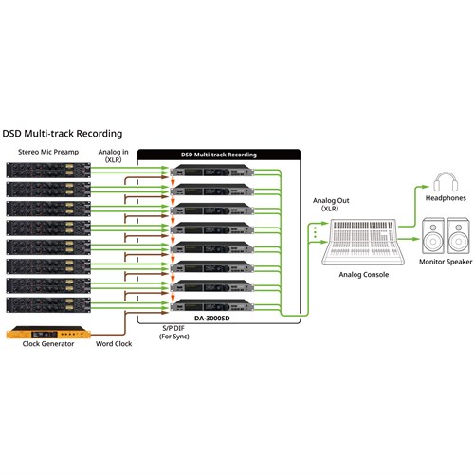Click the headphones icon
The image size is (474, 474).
coord(442,182)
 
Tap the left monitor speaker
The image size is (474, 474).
coord(432,234)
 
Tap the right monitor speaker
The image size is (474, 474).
coord(457,234)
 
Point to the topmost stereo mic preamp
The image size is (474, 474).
coord(47,171)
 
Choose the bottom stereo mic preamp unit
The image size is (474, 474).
coord(47,305)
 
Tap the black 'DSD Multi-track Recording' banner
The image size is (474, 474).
coord(219,154)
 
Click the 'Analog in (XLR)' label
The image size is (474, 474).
coord(115,155)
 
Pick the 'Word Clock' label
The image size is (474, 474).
coord(115,344)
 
